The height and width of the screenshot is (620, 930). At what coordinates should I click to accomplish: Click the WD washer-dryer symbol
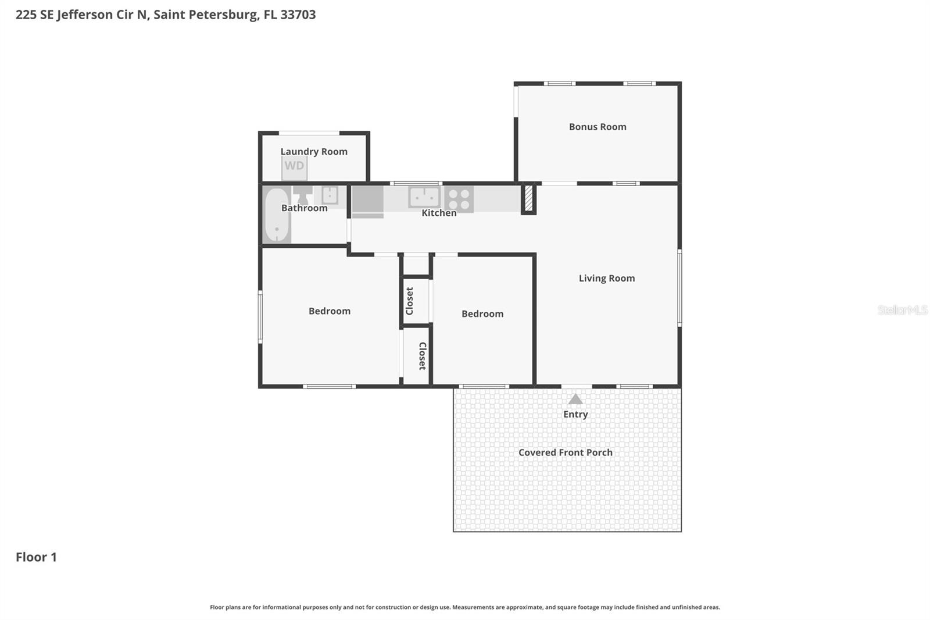tap(294, 168)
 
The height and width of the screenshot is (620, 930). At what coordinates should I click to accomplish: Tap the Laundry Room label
tap(314, 152)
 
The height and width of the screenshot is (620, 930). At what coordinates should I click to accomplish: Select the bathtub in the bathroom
tap(277, 215)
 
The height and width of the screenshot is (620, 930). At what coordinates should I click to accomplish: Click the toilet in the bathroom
tap(302, 195)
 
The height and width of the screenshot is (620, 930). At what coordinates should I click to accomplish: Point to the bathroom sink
tap(330, 194)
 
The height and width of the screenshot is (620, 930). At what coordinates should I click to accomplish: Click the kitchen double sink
tap(424, 197)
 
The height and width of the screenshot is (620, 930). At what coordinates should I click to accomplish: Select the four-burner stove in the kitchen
tap(459, 199)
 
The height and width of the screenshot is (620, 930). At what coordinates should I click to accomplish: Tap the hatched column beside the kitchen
tap(528, 198)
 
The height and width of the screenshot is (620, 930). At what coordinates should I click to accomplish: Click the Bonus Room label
tap(598, 127)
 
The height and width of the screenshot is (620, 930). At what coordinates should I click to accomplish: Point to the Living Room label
tap(606, 279)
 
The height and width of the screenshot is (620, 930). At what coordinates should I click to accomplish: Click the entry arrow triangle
tap(575, 399)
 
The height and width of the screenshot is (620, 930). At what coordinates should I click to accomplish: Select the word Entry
tap(575, 415)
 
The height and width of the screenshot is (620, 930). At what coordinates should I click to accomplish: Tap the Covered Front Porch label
tap(565, 452)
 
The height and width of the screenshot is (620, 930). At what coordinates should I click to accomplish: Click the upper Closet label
tap(410, 301)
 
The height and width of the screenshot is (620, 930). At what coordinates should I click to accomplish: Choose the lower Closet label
tap(423, 356)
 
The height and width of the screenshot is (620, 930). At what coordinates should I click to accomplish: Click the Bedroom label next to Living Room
tap(482, 314)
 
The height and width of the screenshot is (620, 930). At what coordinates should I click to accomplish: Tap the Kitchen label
tap(439, 213)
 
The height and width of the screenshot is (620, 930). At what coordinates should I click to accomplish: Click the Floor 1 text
tap(36, 557)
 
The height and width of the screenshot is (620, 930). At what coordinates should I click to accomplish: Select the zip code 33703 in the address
tap(298, 15)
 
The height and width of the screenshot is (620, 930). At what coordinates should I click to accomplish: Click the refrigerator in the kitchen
tap(367, 199)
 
